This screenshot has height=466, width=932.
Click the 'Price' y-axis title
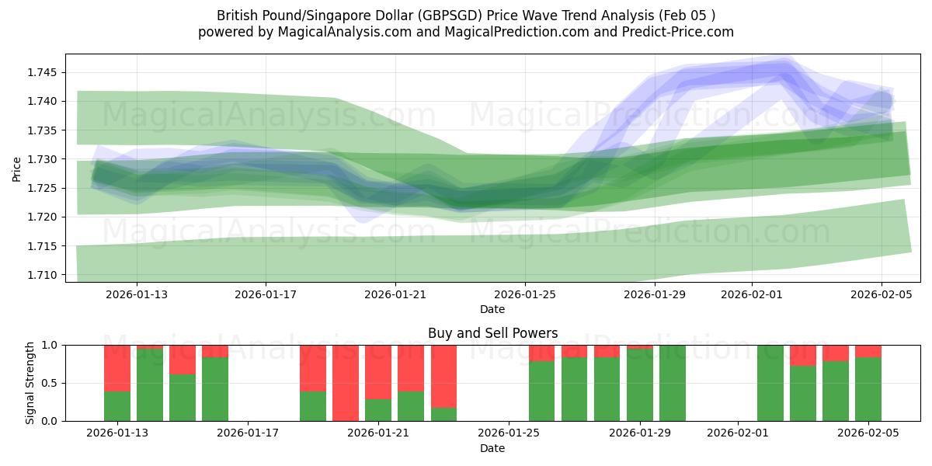tap(17, 168)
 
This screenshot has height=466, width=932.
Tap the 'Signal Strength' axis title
tap(30, 383)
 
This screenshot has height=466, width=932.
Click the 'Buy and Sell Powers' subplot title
tap(492, 333)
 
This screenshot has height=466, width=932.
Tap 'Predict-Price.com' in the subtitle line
tap(681, 32)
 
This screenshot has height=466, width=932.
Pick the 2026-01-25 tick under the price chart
tap(525, 294)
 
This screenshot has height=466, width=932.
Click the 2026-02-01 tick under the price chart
tap(751, 294)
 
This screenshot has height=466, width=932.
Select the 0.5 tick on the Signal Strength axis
tap(50, 383)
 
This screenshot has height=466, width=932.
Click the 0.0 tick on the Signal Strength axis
tap(50, 421)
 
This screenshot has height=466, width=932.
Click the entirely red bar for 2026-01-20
tap(346, 383)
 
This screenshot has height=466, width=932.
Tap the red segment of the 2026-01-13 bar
tap(117, 367)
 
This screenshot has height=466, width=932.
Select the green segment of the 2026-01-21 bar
tap(378, 410)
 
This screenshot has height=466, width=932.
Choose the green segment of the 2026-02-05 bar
tap(868, 389)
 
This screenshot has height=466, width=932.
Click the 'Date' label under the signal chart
tap(492, 448)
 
